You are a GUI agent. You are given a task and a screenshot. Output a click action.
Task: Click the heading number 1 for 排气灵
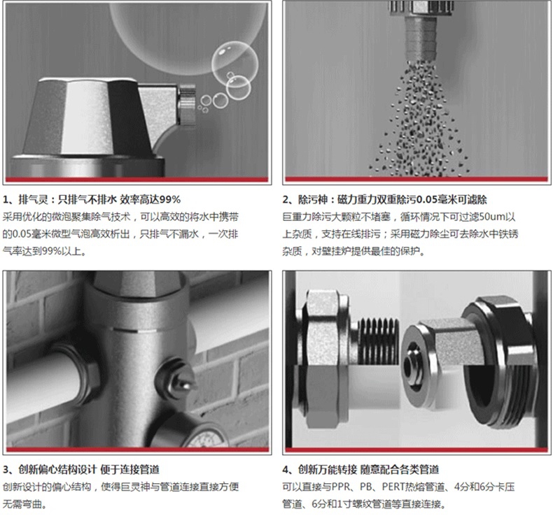[x=6, y=200]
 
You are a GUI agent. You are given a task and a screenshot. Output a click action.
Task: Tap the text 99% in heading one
[x=170, y=200]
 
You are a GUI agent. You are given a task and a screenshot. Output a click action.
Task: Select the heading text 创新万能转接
[x=328, y=469]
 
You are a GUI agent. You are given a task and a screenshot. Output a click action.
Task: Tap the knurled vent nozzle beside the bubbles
[x=187, y=104]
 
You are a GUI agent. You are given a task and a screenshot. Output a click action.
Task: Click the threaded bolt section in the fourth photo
[x=378, y=340]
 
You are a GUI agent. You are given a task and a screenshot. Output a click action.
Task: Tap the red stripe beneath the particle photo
[x=416, y=179]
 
